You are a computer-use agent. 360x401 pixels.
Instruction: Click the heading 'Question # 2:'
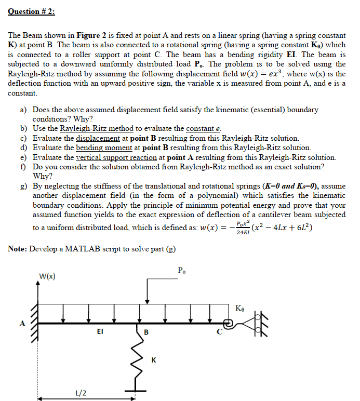pyautogui.click(x=31, y=11)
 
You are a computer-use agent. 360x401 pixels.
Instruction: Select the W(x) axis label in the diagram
pyautogui.click(x=48, y=275)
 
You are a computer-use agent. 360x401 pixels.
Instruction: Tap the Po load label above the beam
pyautogui.click(x=181, y=270)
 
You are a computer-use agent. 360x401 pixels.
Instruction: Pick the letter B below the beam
pyautogui.click(x=146, y=331)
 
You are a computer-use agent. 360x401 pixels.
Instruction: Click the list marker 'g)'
pyautogui.click(x=24, y=186)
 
